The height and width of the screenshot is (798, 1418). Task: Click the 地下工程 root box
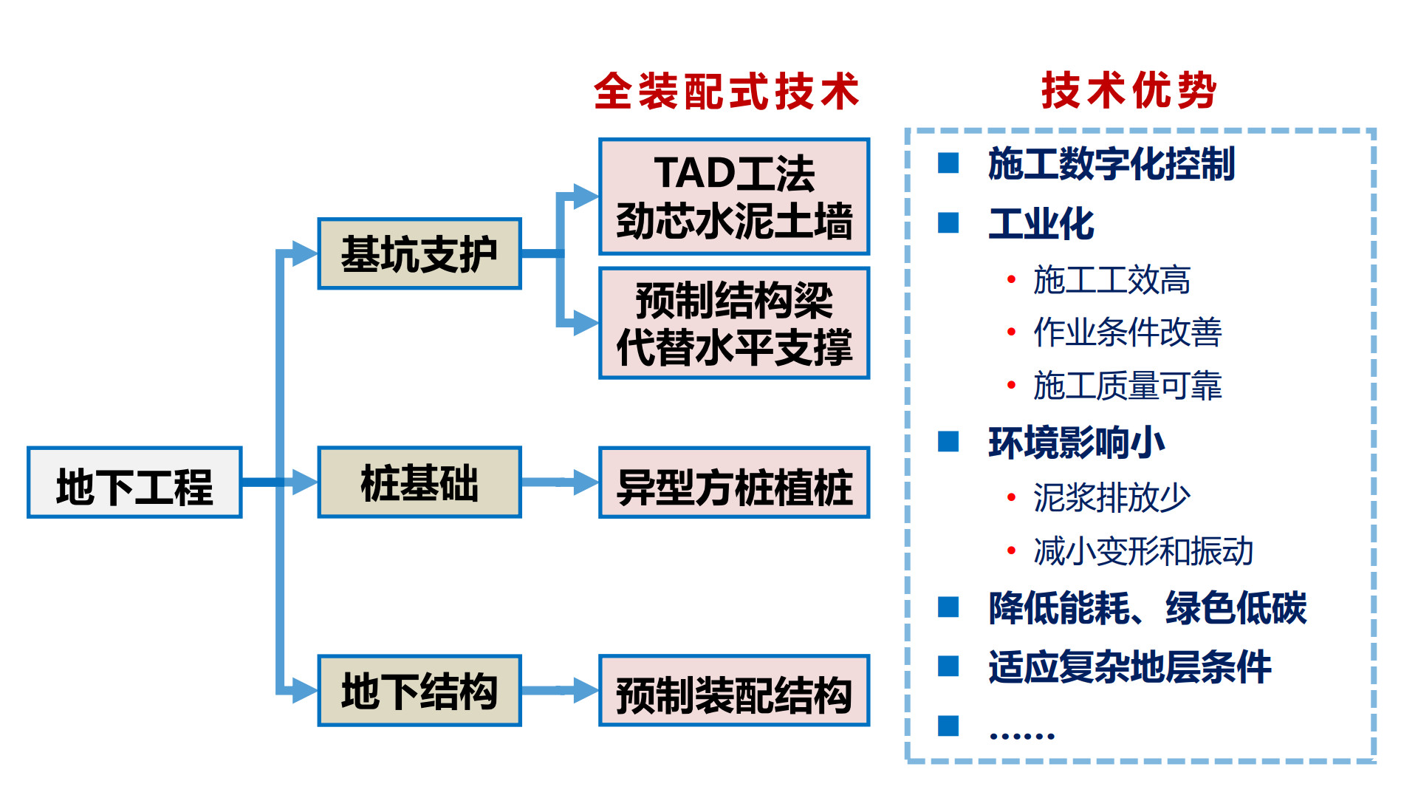pos(134,482)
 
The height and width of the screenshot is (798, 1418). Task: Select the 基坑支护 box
pos(419,253)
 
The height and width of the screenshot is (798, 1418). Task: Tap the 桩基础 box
pos(419,482)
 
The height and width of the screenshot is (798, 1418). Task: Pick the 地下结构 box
pos(419,691)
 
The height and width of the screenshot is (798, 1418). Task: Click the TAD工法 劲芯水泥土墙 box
pos(734,197)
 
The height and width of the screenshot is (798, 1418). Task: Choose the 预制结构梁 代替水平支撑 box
pos(734,324)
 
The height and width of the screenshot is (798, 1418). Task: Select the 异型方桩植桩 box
pos(734,482)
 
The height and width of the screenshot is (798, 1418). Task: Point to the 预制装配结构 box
pos(734,691)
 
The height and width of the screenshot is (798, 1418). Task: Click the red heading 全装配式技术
pos(727,92)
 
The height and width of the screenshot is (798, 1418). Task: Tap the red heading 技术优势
pos(1128,91)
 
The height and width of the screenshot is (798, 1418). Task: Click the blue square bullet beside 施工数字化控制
pos(948,163)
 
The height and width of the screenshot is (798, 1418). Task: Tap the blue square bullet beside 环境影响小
pos(948,442)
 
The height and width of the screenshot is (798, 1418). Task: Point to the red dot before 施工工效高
pos(1011,279)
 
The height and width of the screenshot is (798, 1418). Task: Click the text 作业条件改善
pos(1127,332)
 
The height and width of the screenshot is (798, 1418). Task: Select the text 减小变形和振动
pos(1143,551)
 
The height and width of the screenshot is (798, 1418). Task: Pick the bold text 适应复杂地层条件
pos(1130,667)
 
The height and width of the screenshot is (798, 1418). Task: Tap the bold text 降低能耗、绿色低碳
pos(1148,608)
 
